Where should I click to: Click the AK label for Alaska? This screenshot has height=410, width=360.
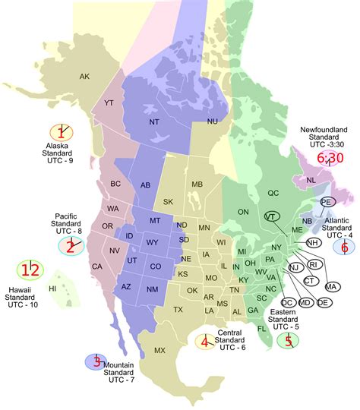point(84,76)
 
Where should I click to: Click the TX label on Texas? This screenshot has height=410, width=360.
point(178,310)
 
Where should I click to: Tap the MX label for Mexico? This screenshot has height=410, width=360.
point(160,350)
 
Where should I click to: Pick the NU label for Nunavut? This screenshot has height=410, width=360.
point(213,121)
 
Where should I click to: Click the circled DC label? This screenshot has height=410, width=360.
point(286,302)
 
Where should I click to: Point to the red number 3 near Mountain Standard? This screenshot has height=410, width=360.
point(96,362)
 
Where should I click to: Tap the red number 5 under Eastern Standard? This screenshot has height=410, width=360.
point(289,341)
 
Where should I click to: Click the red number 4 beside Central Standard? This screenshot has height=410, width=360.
point(205,342)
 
